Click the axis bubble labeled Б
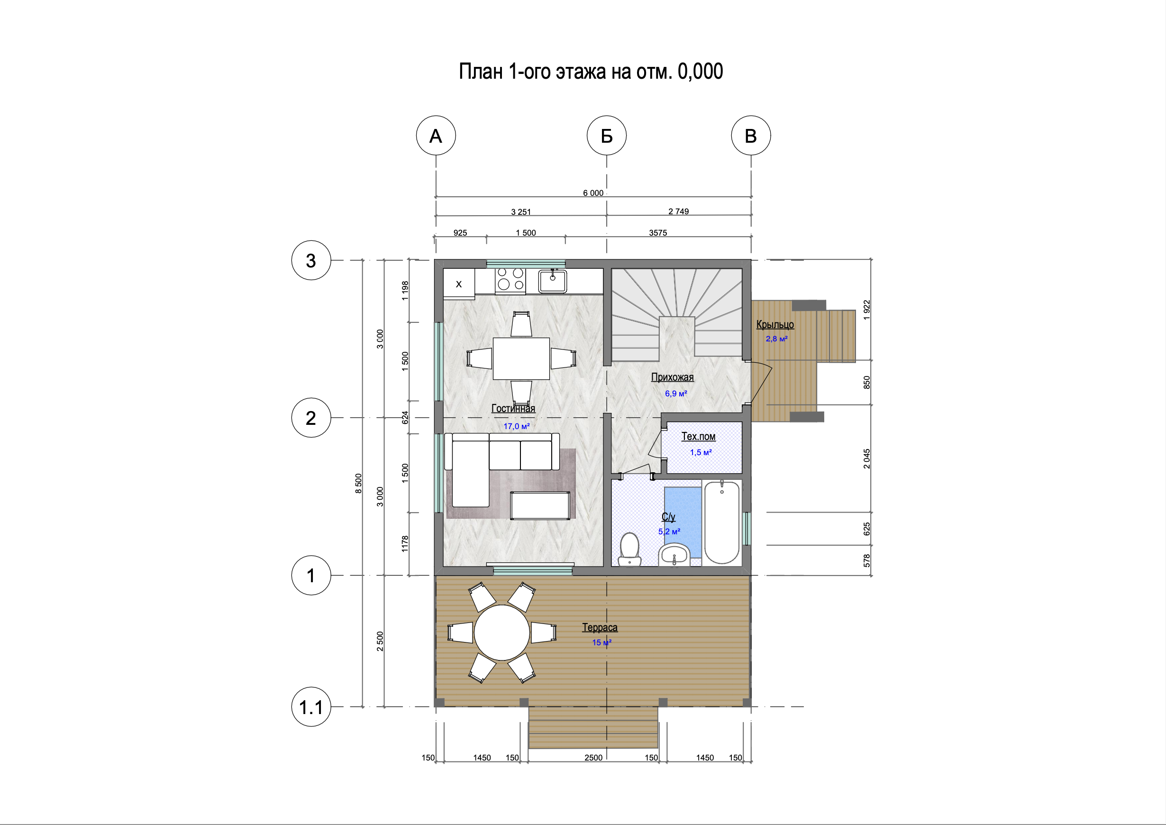tap(606, 136)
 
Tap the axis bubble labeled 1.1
tap(311, 706)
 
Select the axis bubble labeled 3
tap(311, 260)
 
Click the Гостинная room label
tap(513, 408)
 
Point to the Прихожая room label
tap(673, 377)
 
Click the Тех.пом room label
tap(698, 436)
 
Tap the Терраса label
tap(600, 627)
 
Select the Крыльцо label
tap(775, 325)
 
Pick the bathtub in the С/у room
tap(721, 522)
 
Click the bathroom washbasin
tap(674, 555)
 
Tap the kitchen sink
tap(553, 281)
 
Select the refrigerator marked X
tap(459, 284)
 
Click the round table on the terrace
tap(502, 632)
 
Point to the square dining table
tap(521, 358)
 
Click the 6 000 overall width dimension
tap(593, 193)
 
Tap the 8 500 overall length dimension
tap(358, 483)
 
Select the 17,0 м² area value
tap(517, 426)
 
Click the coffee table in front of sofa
tap(540, 505)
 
